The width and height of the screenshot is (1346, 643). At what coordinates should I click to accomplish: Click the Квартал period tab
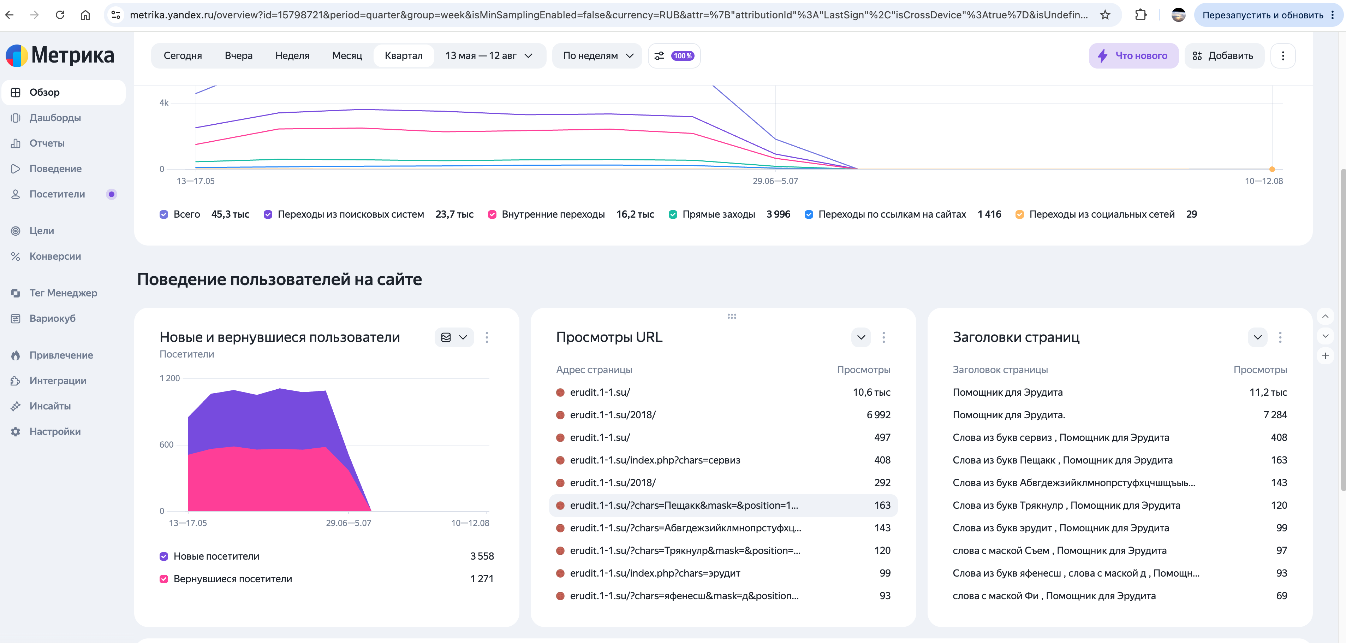point(403,55)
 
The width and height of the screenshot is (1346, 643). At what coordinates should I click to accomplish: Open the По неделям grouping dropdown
point(597,55)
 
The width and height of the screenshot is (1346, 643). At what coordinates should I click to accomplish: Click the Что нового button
point(1133,55)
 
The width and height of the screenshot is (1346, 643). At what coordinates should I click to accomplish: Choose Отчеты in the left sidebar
point(47,143)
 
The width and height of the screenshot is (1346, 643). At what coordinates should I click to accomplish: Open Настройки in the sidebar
point(55,431)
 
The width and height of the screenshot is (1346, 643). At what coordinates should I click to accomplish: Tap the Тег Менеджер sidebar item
point(63,293)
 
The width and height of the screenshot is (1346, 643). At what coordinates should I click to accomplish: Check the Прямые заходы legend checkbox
point(673,214)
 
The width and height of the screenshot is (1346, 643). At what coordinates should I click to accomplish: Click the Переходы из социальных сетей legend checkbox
point(1019,214)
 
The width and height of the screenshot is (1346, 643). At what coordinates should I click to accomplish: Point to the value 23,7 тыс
point(454,214)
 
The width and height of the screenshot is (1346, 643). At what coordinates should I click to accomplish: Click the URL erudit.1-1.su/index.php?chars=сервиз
point(655,460)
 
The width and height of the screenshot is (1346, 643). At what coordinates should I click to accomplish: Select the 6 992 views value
point(879,414)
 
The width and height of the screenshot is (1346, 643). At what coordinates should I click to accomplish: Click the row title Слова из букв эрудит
point(1002,528)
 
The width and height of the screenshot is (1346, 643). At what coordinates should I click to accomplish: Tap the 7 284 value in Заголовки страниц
point(1275,414)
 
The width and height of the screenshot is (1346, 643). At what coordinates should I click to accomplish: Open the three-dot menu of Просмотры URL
point(883,337)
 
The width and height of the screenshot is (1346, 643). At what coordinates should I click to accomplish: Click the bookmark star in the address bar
point(1104,14)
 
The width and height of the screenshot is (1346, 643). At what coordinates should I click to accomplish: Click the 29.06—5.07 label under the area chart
point(349,523)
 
